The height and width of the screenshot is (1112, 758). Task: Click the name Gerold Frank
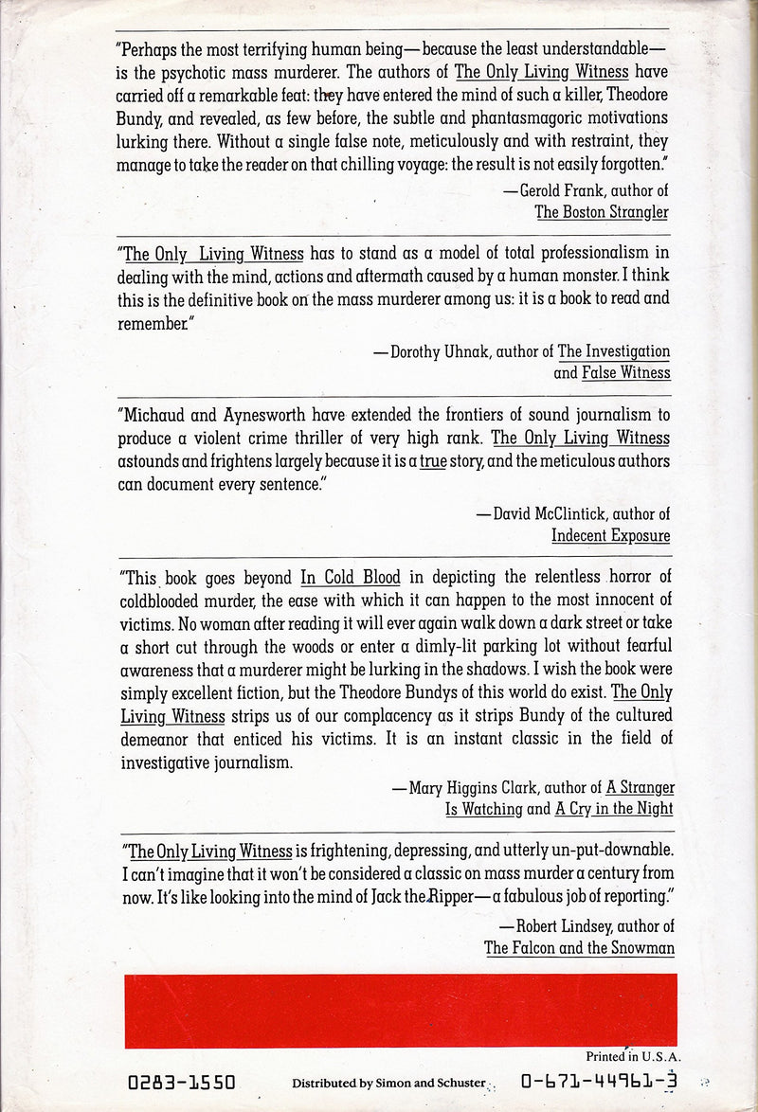tap(556, 189)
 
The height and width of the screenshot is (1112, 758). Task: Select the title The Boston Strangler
tap(602, 212)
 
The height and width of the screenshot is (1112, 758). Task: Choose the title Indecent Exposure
tap(610, 536)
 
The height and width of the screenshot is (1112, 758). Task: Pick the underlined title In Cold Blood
tap(351, 576)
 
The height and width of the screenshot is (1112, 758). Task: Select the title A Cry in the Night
tap(614, 809)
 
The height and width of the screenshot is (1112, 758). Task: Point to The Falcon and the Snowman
tap(577, 946)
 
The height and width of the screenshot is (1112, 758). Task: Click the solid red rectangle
tap(401, 1010)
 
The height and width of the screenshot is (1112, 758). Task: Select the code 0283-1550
tap(180, 1082)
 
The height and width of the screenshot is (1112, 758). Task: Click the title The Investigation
tap(613, 351)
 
